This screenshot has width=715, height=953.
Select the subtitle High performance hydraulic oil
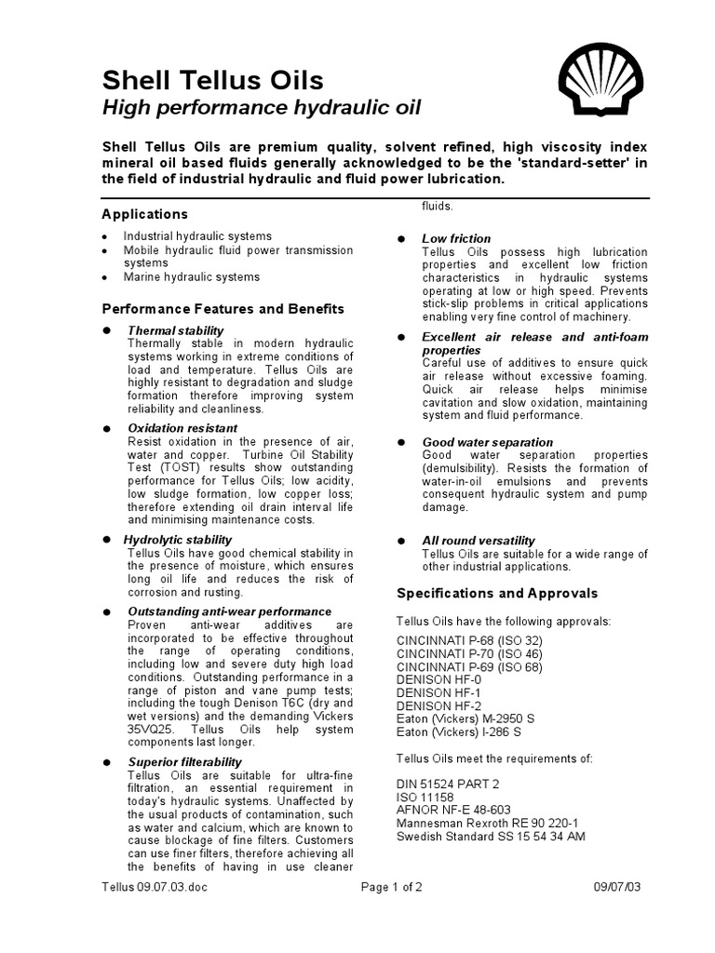261,108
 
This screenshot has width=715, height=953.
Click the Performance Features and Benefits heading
223,309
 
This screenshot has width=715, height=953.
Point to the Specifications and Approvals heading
497,593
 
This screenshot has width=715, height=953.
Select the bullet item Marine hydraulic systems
192,277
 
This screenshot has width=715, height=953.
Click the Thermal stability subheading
175,330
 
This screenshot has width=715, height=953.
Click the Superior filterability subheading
184,762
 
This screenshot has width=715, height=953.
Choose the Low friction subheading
456,239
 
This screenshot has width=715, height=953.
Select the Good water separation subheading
487,442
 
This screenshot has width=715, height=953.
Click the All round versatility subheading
479,541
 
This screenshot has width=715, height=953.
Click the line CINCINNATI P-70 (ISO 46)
469,654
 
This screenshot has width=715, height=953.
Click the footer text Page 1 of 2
392,887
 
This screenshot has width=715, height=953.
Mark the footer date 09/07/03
618,887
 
